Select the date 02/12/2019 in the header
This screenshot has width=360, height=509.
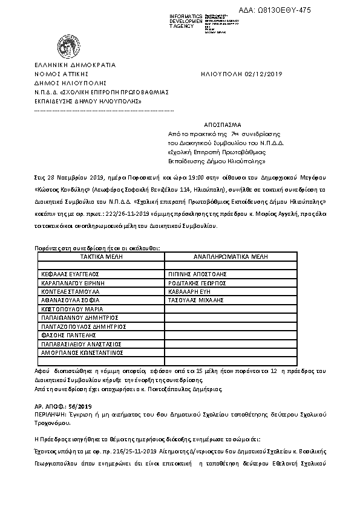tap(257, 74)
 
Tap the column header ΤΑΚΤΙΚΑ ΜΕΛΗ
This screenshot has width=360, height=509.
tap(101, 256)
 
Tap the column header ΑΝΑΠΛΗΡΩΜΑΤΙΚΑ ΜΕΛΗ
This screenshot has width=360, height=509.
tap(231, 256)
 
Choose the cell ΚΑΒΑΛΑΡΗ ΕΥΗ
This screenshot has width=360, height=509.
tap(191, 291)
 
